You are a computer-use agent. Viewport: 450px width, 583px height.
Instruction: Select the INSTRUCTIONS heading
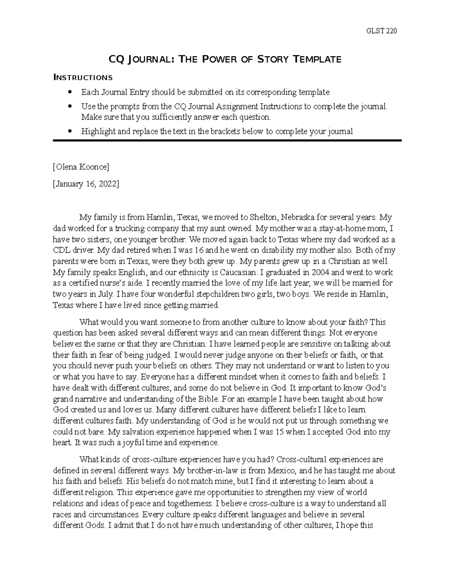pyautogui.click(x=83, y=78)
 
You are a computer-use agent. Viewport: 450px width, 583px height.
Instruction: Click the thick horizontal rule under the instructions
pyautogui.click(x=227, y=140)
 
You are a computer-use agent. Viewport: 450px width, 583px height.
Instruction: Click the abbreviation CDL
pyautogui.click(x=61, y=250)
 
